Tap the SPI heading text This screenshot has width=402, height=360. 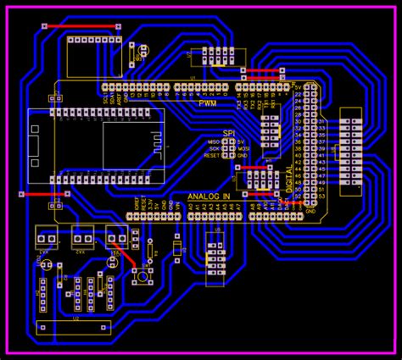[x=227, y=133]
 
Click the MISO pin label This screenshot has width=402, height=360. [x=215, y=141]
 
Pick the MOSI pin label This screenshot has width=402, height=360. [x=243, y=148]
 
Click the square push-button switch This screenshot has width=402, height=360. [x=143, y=275]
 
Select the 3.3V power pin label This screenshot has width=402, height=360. [x=151, y=204]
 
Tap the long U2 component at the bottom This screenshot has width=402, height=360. [x=75, y=327]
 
